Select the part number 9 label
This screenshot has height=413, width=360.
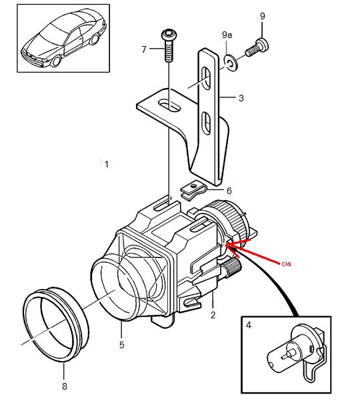262,15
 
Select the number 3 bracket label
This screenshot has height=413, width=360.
241,98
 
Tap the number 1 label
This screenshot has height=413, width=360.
106,164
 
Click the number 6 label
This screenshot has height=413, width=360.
229,191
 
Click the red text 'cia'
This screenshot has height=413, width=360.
286,264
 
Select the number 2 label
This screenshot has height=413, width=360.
213,314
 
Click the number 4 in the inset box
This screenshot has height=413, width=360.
249,326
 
